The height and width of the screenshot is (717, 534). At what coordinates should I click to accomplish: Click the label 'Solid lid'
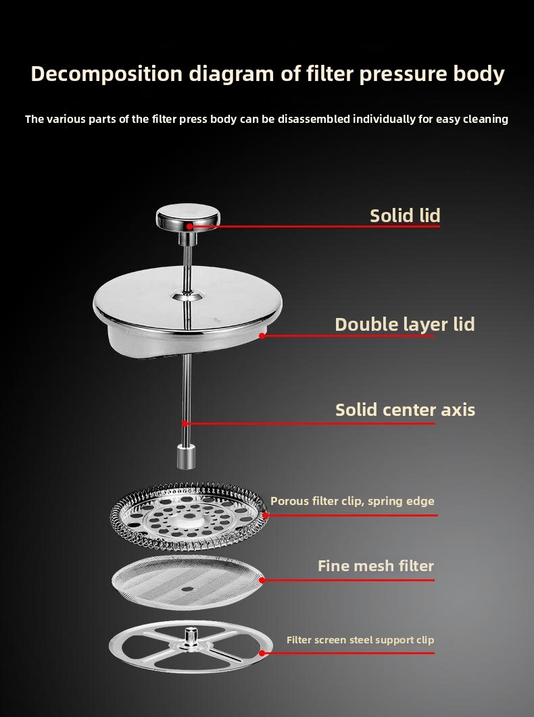(405, 216)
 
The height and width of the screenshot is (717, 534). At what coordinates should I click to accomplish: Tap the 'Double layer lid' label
(405, 325)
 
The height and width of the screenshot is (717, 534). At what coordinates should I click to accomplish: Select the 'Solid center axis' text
(406, 410)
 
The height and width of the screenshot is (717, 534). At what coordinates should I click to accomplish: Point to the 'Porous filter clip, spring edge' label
(352, 501)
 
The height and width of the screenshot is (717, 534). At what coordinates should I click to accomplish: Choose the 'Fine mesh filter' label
(376, 566)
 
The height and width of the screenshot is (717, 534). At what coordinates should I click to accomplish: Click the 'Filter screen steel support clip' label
(360, 640)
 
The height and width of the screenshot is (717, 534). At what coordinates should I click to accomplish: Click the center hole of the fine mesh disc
(187, 589)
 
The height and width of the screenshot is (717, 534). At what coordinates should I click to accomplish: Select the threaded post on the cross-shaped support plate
(189, 636)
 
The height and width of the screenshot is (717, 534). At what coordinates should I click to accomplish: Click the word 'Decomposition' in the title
(107, 74)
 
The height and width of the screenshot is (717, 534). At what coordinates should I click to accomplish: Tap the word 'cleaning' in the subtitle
(485, 120)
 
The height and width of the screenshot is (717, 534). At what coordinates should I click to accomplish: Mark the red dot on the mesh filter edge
(262, 580)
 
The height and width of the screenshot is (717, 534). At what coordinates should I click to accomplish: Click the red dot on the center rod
(185, 423)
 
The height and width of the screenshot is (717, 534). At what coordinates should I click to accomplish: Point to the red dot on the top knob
(189, 226)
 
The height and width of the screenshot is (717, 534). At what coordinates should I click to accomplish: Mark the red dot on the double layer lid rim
(262, 336)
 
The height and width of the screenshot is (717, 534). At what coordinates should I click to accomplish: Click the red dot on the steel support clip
(262, 653)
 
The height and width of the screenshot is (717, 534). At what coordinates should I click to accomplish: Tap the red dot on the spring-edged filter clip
(265, 515)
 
